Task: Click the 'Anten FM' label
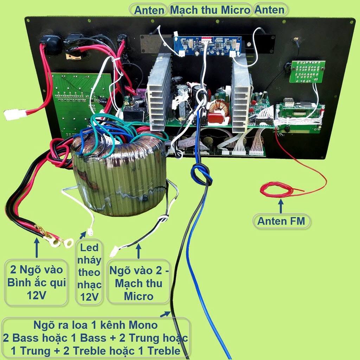point(281,221)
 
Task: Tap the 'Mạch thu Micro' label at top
point(210,10)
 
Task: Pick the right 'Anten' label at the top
point(270,9)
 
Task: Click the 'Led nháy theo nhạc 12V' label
point(89,272)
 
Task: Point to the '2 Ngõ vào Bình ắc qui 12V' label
point(36,282)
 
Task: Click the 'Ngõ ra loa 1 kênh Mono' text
point(96,324)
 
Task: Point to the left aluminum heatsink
point(159,92)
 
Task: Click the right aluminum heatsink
point(240,94)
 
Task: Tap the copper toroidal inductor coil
point(219,108)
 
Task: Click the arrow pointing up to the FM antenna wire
point(281,206)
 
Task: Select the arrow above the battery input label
point(37,247)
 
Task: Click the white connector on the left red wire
point(15,114)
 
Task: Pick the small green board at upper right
point(307,72)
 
